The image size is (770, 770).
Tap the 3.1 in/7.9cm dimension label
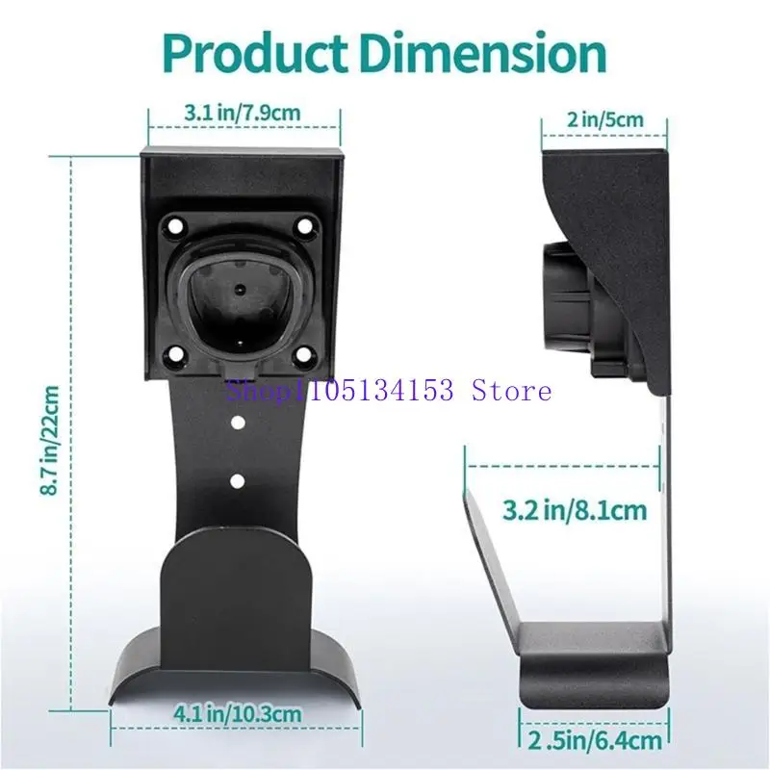click(243, 113)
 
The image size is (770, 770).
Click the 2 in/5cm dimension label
click(604, 121)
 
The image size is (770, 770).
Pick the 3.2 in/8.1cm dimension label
click(575, 510)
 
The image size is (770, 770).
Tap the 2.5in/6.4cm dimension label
click(596, 740)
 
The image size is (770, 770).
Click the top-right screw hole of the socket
click(305, 227)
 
